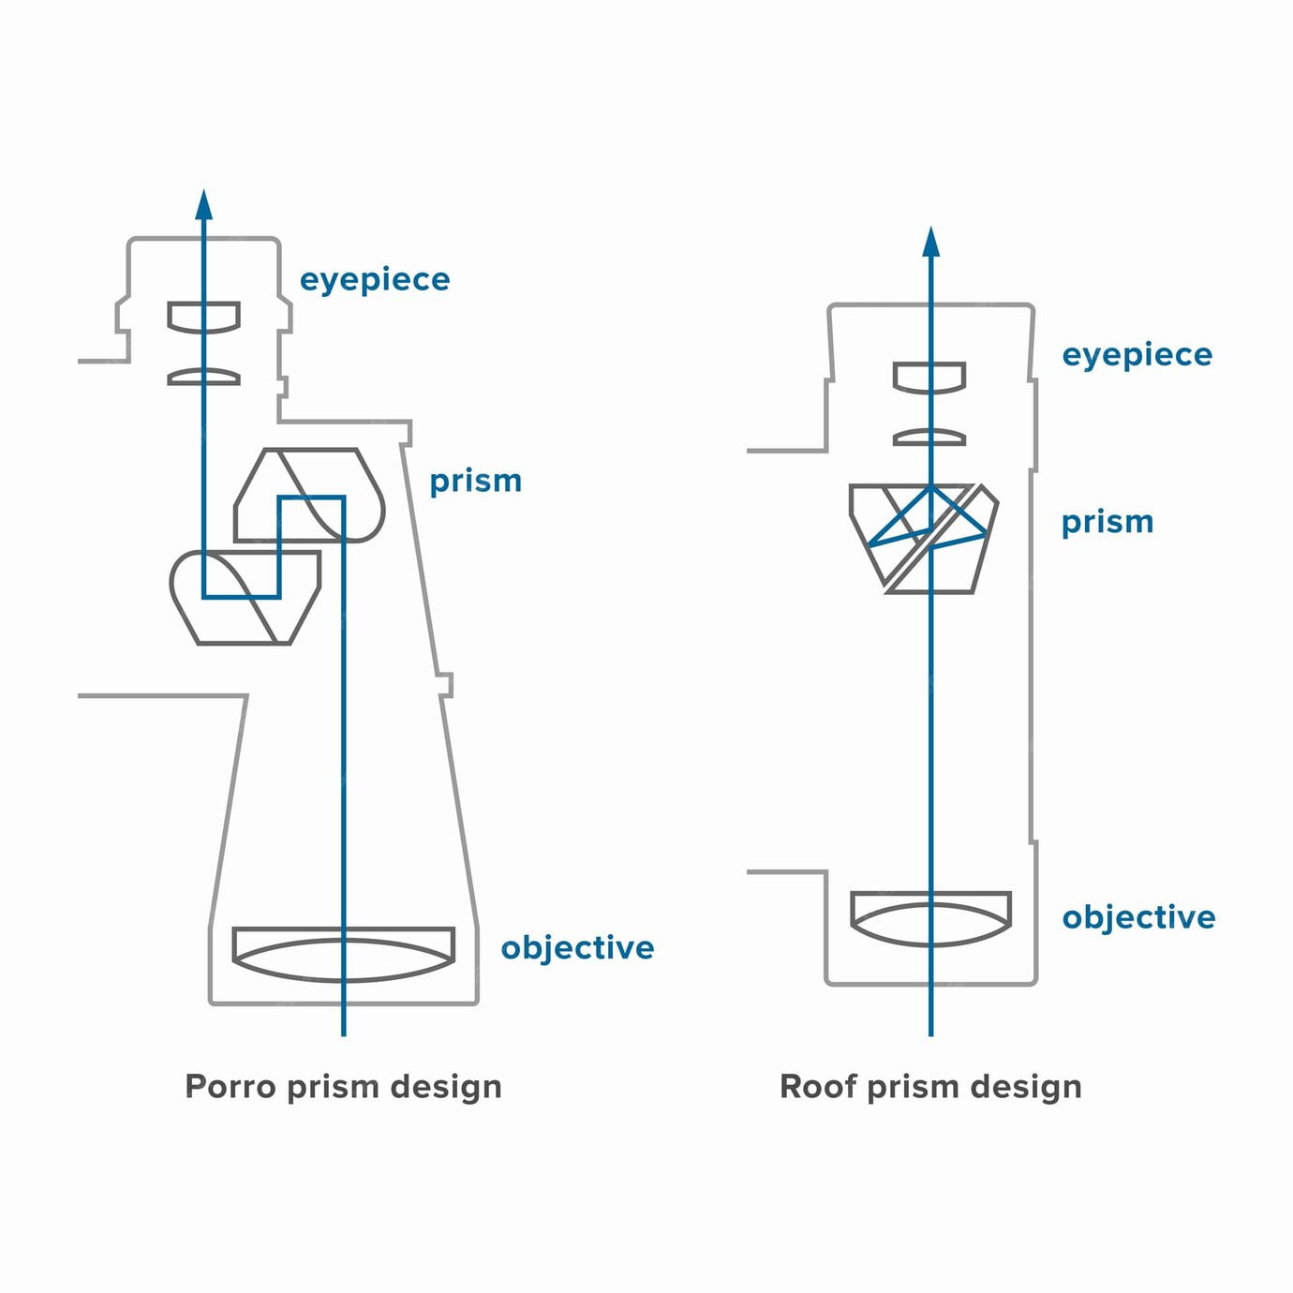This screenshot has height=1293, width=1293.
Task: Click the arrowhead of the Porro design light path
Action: (x=204, y=205)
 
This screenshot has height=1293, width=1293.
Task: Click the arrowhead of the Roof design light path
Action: (x=930, y=242)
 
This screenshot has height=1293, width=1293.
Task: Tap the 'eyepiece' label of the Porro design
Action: (x=375, y=279)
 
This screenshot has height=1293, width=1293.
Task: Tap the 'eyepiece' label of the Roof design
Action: (x=1137, y=355)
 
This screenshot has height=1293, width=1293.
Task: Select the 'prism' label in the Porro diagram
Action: (x=475, y=481)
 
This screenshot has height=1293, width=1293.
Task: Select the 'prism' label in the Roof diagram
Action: (x=1107, y=522)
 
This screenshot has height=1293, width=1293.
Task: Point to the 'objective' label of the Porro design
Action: (x=577, y=947)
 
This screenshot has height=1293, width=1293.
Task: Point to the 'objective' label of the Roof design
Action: (x=1138, y=917)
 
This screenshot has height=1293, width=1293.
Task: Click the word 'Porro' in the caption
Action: (x=230, y=1087)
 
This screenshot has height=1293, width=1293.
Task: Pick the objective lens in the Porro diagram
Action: (x=343, y=953)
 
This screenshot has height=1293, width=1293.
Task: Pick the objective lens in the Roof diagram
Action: (x=930, y=917)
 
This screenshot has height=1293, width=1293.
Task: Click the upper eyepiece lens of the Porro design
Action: (x=204, y=316)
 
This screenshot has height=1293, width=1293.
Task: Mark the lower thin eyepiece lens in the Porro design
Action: (x=204, y=377)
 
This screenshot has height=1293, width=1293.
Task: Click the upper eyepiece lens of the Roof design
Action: (x=929, y=377)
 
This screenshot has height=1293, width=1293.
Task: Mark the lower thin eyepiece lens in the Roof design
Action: (x=929, y=438)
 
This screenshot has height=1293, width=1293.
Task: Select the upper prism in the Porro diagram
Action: (x=309, y=495)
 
